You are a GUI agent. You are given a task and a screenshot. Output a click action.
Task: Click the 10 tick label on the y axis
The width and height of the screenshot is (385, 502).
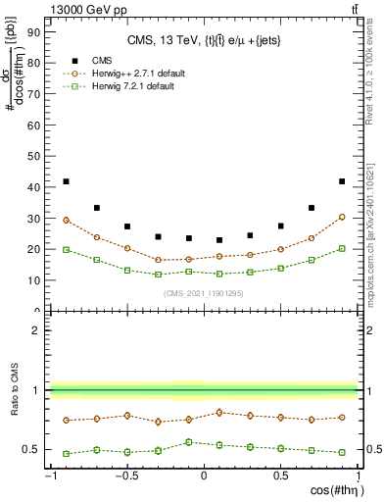point(32,279)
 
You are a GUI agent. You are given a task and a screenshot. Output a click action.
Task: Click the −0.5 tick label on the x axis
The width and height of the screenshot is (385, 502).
point(125,477)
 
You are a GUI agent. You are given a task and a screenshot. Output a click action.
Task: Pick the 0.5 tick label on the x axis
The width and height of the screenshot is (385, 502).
point(280,477)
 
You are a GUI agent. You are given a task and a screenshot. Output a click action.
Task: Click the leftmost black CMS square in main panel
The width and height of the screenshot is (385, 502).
point(66,181)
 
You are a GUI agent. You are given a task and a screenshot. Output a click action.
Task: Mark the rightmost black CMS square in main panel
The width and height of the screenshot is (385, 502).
point(341,181)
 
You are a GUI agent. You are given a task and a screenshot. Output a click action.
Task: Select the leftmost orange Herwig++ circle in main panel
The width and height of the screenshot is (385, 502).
point(66,221)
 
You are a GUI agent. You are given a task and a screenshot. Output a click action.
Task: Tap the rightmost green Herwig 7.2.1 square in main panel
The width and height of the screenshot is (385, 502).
point(341,249)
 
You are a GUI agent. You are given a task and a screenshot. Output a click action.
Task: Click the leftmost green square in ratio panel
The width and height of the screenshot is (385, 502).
point(66,454)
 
